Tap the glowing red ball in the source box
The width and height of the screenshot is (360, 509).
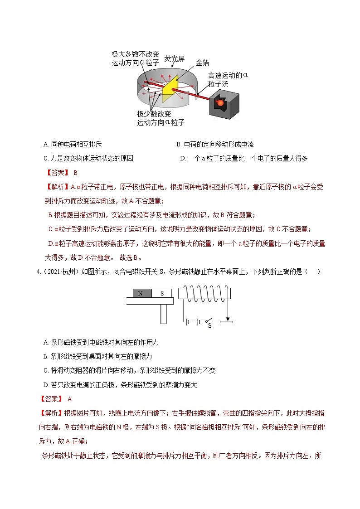tap(220, 103)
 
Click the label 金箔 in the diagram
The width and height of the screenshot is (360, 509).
tap(202, 63)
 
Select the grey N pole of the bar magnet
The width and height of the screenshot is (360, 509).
tap(141, 293)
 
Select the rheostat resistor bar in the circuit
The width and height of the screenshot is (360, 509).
tap(226, 322)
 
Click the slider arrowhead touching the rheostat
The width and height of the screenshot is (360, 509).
tap(226, 318)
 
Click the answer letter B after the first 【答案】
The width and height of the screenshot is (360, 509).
tap(76, 173)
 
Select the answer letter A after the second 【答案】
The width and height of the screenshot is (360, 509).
tap(69, 399)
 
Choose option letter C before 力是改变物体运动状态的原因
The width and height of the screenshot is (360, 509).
tap(46, 158)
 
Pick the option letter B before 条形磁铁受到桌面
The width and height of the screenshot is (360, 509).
tap(46, 356)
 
